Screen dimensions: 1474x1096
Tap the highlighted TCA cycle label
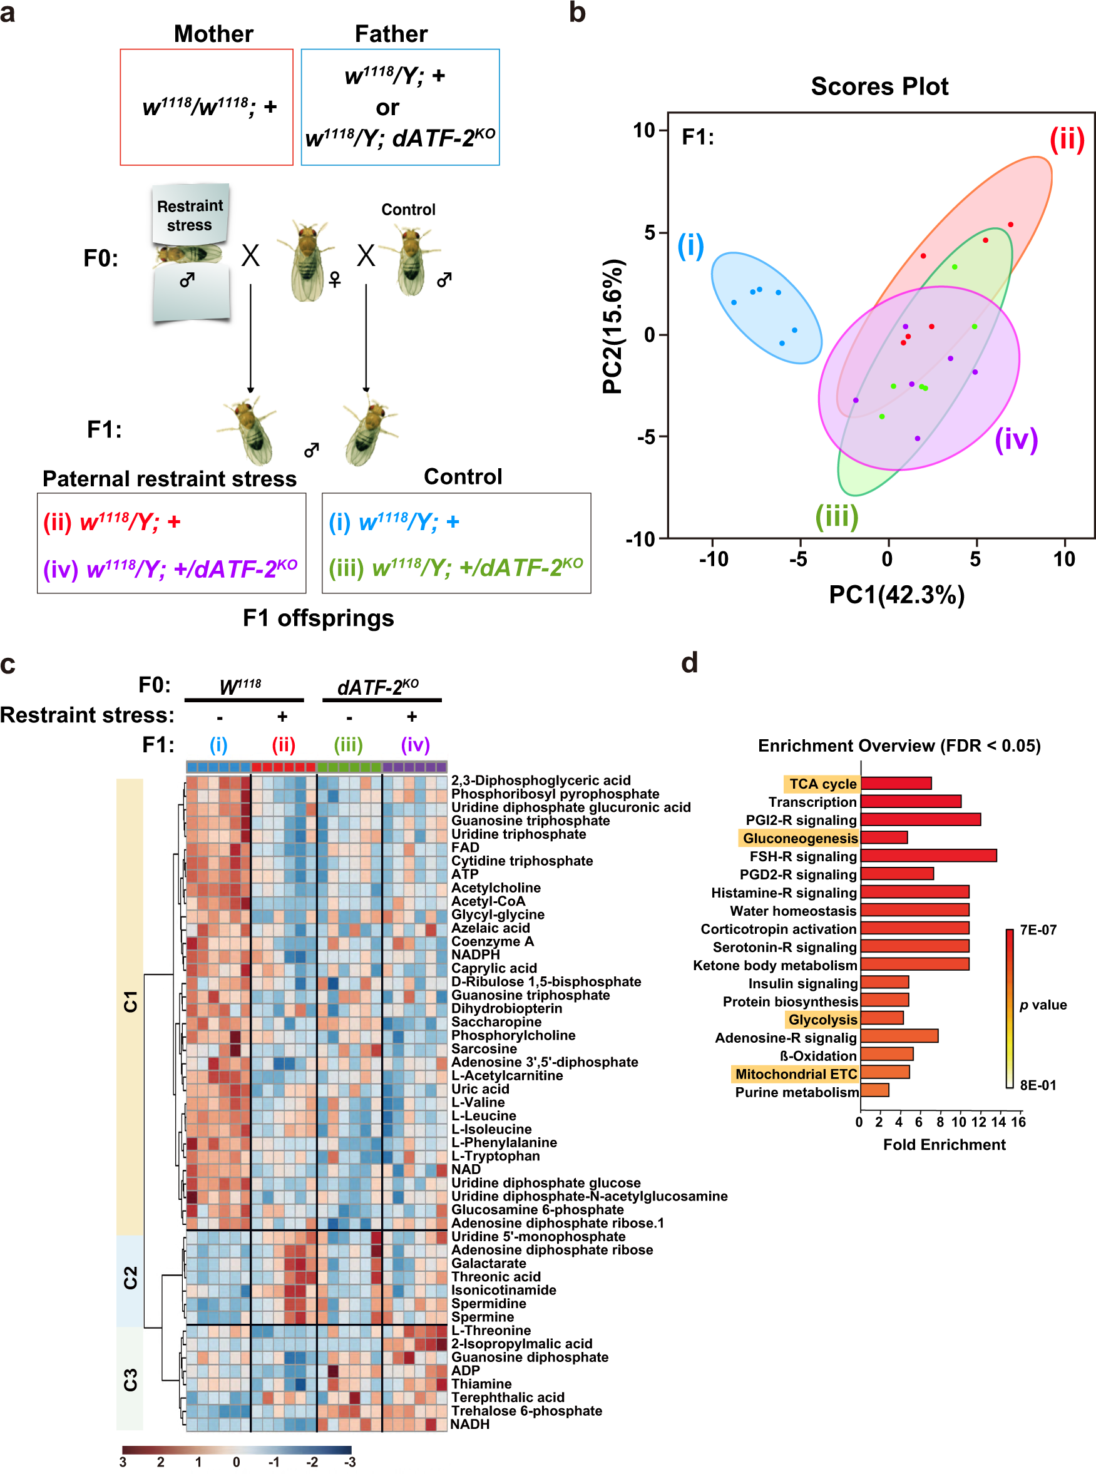point(822,784)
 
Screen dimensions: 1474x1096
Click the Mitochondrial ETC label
point(796,1074)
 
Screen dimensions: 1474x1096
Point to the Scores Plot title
point(879,86)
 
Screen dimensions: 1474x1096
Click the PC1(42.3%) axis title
point(896,595)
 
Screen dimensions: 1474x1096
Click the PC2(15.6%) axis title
point(612,326)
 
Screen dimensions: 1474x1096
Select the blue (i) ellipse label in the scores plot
point(690,245)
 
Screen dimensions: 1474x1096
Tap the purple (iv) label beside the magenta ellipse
point(1016,439)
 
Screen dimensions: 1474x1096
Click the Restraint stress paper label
point(190,215)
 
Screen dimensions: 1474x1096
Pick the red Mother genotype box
point(207,107)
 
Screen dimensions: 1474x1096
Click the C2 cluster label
point(130,1277)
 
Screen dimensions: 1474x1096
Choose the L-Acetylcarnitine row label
point(506,1075)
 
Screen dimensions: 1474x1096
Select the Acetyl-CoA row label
point(488,901)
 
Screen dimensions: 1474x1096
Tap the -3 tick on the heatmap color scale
point(350,1462)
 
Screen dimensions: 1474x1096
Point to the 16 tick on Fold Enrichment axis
point(1018,1122)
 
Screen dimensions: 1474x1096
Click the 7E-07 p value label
point(1038,929)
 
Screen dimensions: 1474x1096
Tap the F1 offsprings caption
point(318,618)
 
